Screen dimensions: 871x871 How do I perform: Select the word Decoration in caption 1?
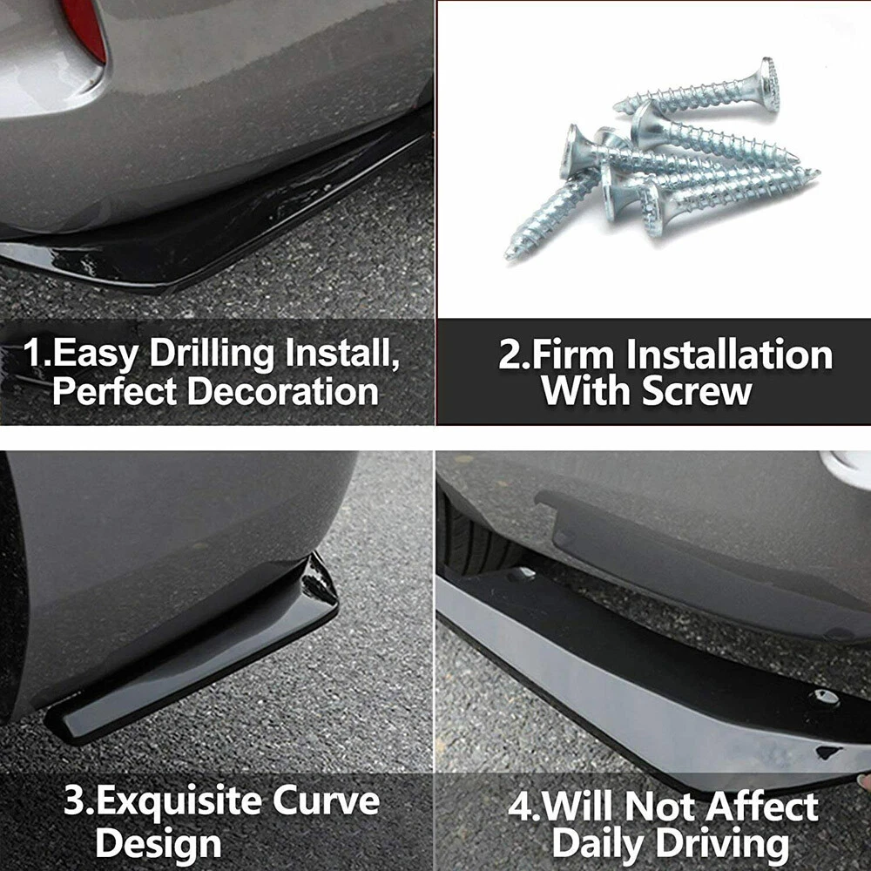coord(283,392)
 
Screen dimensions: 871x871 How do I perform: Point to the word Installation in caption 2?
coord(730,354)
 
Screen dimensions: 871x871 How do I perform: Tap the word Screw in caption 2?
coord(697,392)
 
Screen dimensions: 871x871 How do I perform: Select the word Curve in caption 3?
coord(326,801)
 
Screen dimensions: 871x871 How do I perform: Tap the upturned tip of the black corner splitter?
coord(319,577)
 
